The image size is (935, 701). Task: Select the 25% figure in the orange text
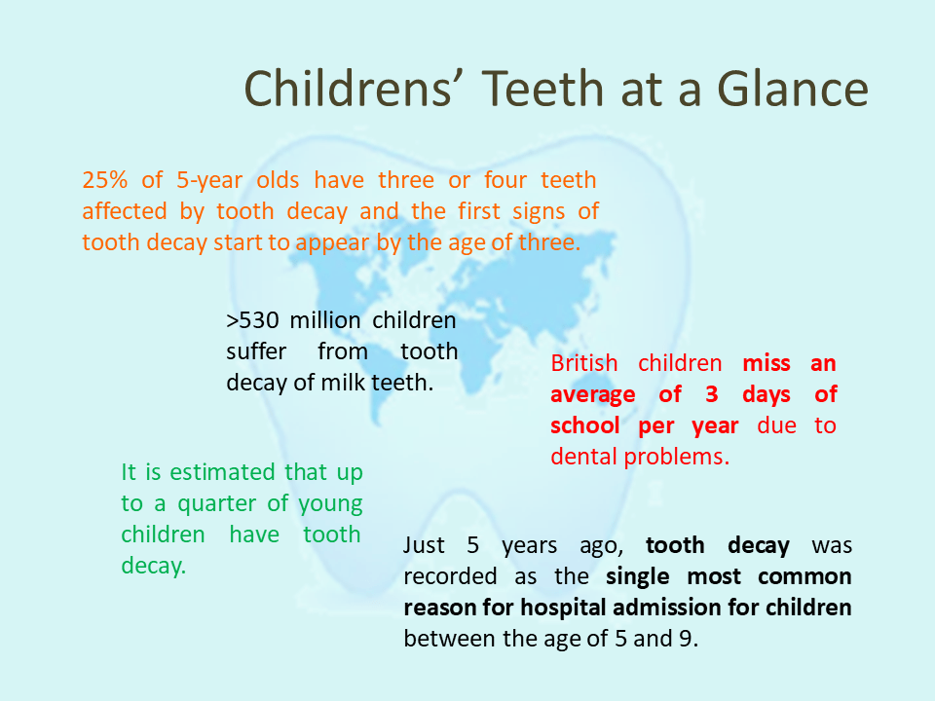(103, 180)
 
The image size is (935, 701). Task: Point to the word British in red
(584, 364)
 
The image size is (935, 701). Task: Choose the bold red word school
(587, 426)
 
